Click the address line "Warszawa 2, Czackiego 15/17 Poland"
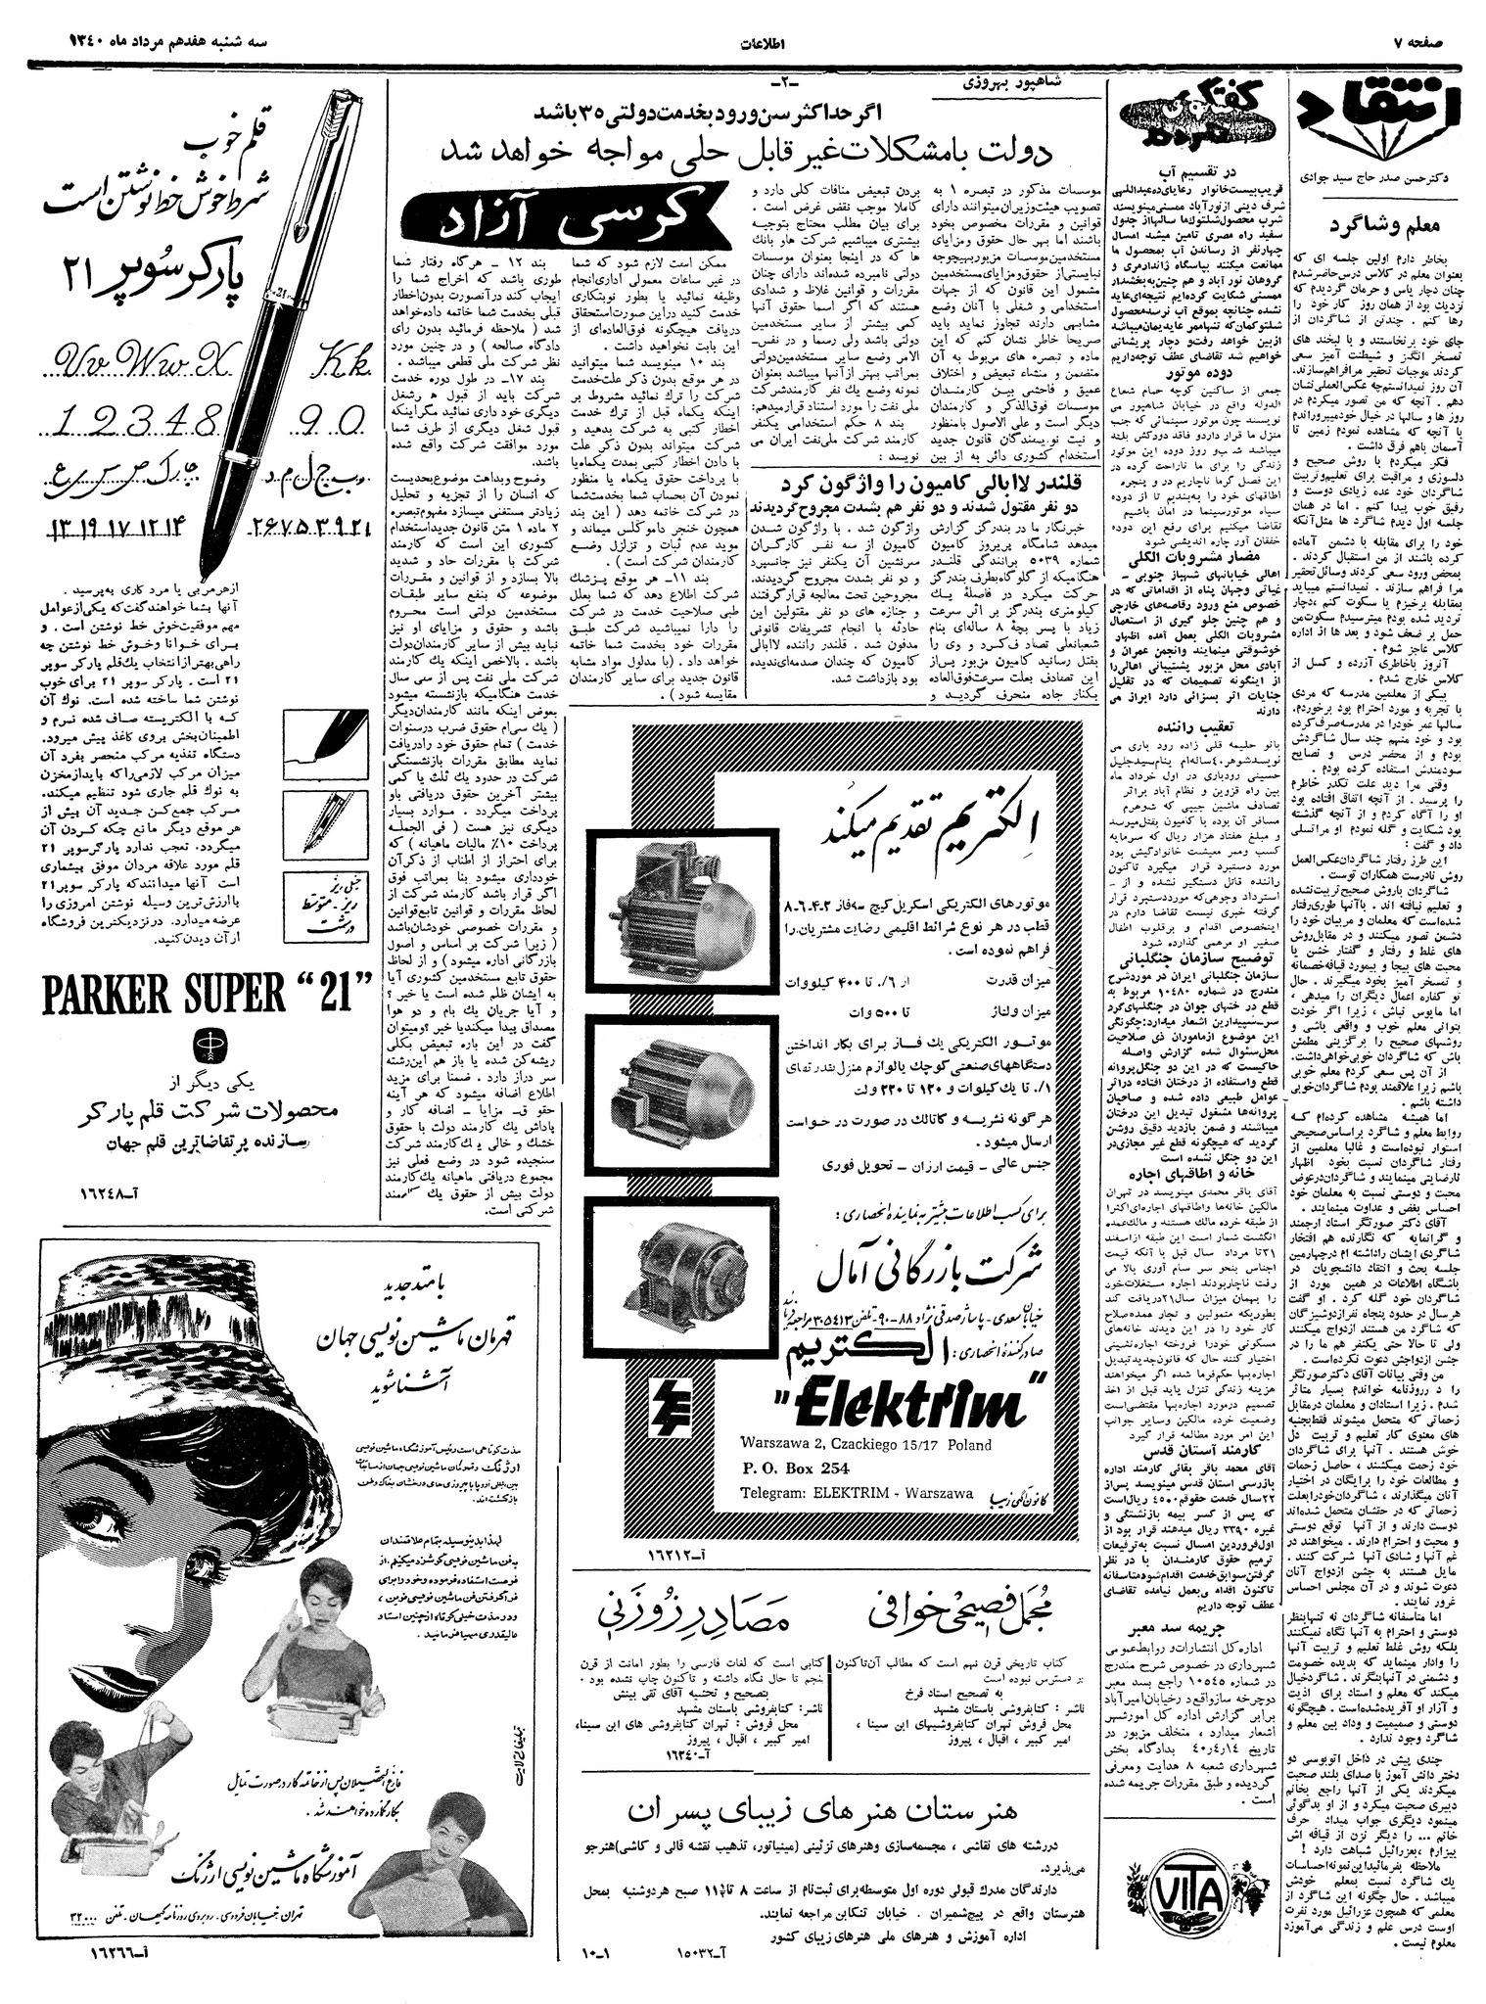tap(866, 1444)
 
